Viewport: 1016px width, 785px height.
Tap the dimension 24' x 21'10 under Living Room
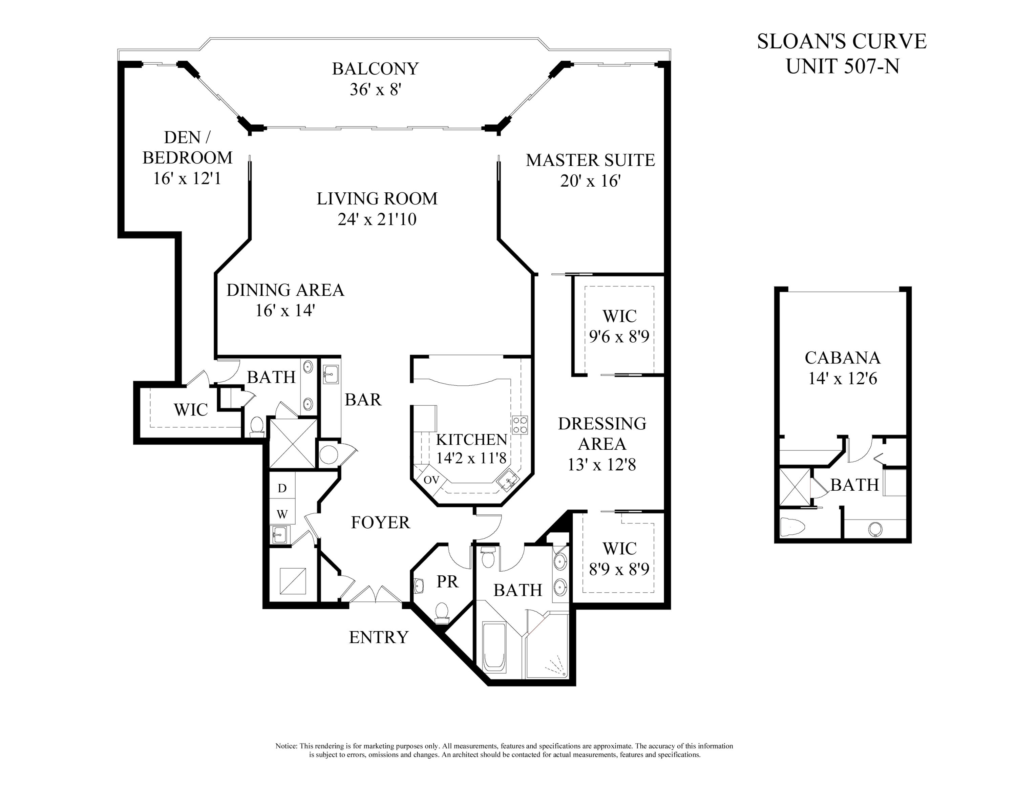point(377,219)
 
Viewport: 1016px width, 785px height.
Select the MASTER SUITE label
point(590,160)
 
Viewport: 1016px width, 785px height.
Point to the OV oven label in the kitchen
point(431,480)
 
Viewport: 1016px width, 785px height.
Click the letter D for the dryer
point(282,488)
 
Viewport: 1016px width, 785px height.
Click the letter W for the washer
point(282,514)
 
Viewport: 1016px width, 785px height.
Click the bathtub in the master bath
point(494,646)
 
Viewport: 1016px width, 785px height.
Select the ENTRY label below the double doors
point(379,637)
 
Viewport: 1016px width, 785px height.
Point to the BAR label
point(363,400)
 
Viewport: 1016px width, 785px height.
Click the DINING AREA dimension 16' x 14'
point(285,310)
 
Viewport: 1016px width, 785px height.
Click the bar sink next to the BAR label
point(331,374)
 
